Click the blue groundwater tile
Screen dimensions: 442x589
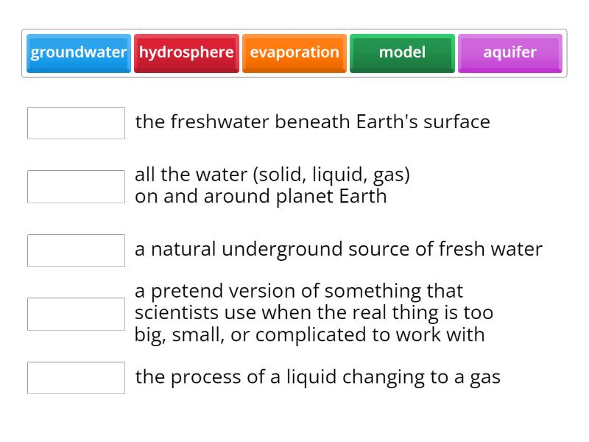pos(79,53)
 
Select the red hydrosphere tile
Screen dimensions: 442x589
pos(186,53)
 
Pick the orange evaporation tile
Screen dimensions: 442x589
pos(294,53)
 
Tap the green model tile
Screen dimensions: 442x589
pos(402,53)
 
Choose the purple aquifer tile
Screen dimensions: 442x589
pos(509,53)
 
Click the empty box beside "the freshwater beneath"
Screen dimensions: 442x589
pos(76,123)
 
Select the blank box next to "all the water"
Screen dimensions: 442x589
pos(76,187)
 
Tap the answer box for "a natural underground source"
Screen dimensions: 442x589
pos(76,250)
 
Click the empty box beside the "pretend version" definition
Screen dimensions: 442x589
pos(76,314)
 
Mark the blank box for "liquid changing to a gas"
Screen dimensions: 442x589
pos(76,378)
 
